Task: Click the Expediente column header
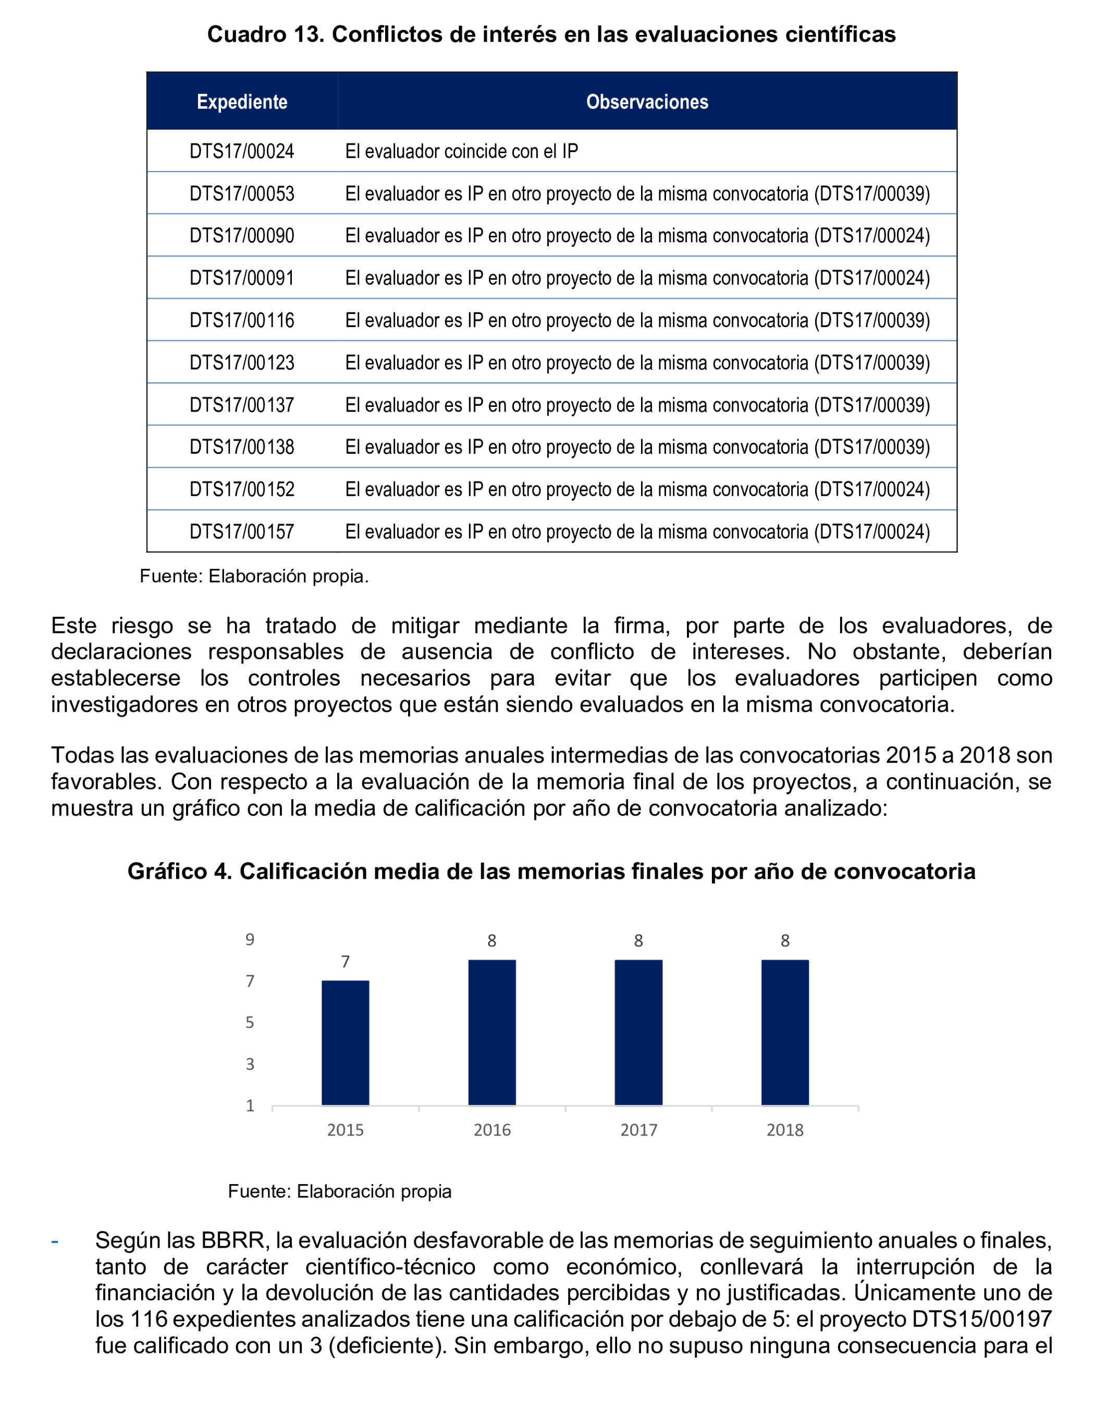[x=242, y=102]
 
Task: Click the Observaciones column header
[x=647, y=102]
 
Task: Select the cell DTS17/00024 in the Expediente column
[x=242, y=151]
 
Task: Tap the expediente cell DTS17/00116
[x=242, y=320]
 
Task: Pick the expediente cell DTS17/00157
[x=242, y=532]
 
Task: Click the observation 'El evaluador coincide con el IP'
[x=461, y=151]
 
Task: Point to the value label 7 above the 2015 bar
[x=345, y=962]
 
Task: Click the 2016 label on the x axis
[x=492, y=1130]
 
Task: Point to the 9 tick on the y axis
[x=250, y=940]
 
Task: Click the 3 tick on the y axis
[x=250, y=1064]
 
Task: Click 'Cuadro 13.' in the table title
[x=265, y=34]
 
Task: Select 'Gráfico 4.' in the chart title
[x=179, y=871]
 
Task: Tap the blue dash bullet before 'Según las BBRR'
[x=55, y=1241]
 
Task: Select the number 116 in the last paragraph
[x=149, y=1319]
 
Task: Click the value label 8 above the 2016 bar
[x=492, y=941]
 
